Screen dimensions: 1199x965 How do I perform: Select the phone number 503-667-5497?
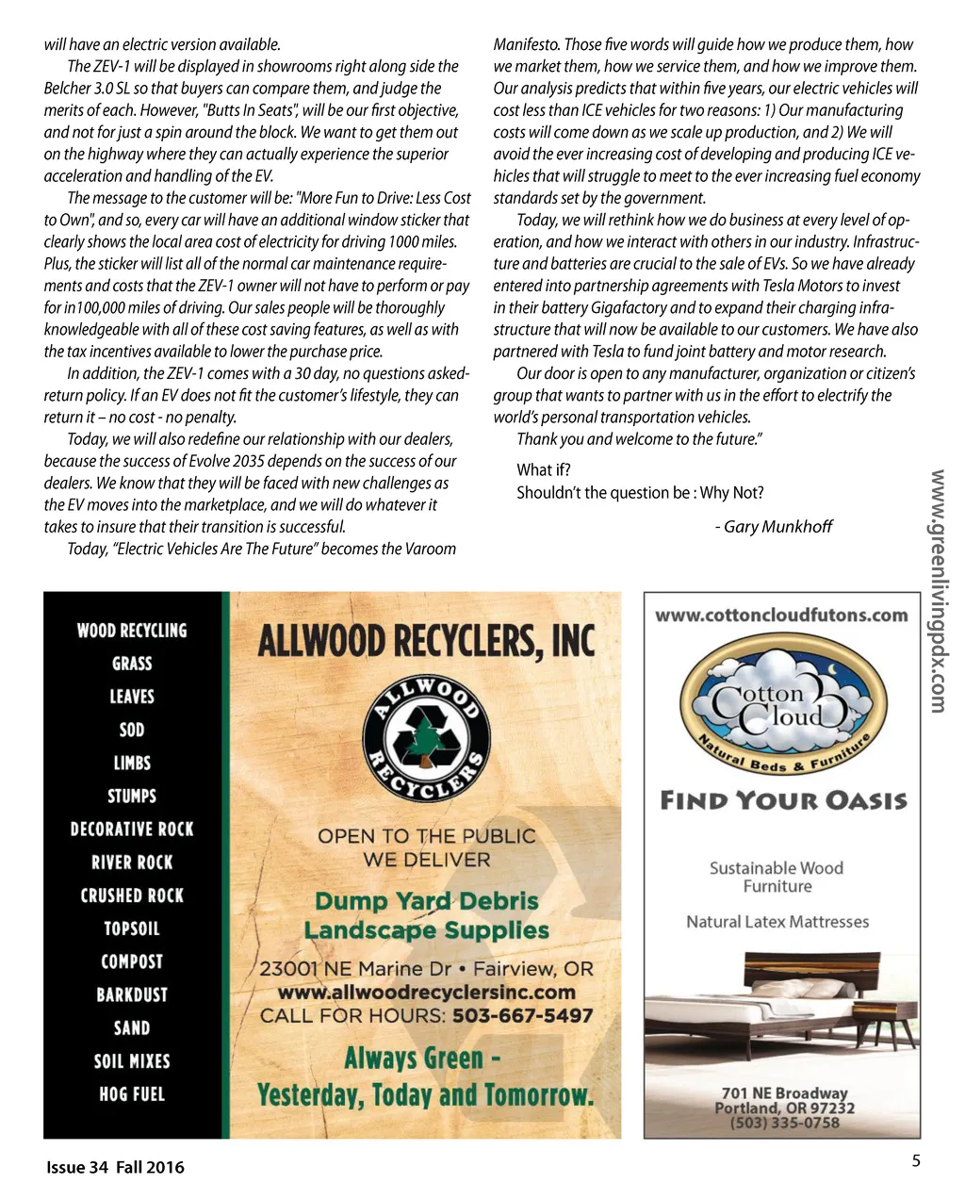click(523, 1016)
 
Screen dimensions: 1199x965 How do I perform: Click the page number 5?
click(916, 1161)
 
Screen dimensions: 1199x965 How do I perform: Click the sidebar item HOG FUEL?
click(132, 1094)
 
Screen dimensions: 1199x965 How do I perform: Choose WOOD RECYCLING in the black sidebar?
click(132, 631)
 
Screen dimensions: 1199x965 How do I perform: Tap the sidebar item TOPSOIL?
click(132, 928)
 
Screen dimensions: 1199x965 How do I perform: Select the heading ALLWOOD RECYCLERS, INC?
click(426, 642)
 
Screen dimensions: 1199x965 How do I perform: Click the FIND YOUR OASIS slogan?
click(783, 801)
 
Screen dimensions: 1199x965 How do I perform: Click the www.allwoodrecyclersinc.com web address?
click(426, 993)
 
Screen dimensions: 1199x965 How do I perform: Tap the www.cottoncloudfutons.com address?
click(781, 616)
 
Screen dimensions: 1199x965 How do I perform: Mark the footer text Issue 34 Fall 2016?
click(115, 1167)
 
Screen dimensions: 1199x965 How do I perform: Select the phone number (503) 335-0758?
click(784, 1123)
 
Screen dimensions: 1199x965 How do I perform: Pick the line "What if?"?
click(544, 470)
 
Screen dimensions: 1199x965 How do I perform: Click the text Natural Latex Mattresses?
click(777, 922)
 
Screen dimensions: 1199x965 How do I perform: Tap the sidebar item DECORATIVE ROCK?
click(132, 829)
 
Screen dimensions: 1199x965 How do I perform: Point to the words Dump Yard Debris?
click(426, 901)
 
